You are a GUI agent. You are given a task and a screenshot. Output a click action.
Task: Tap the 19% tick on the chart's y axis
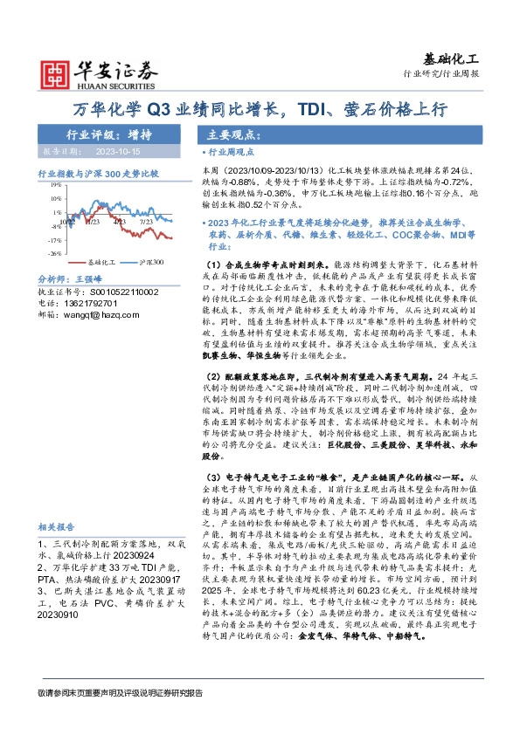coord(54,185)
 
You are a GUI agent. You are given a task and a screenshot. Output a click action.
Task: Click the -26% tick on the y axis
coord(54,253)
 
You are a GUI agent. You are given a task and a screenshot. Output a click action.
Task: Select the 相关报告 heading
coord(59,527)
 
